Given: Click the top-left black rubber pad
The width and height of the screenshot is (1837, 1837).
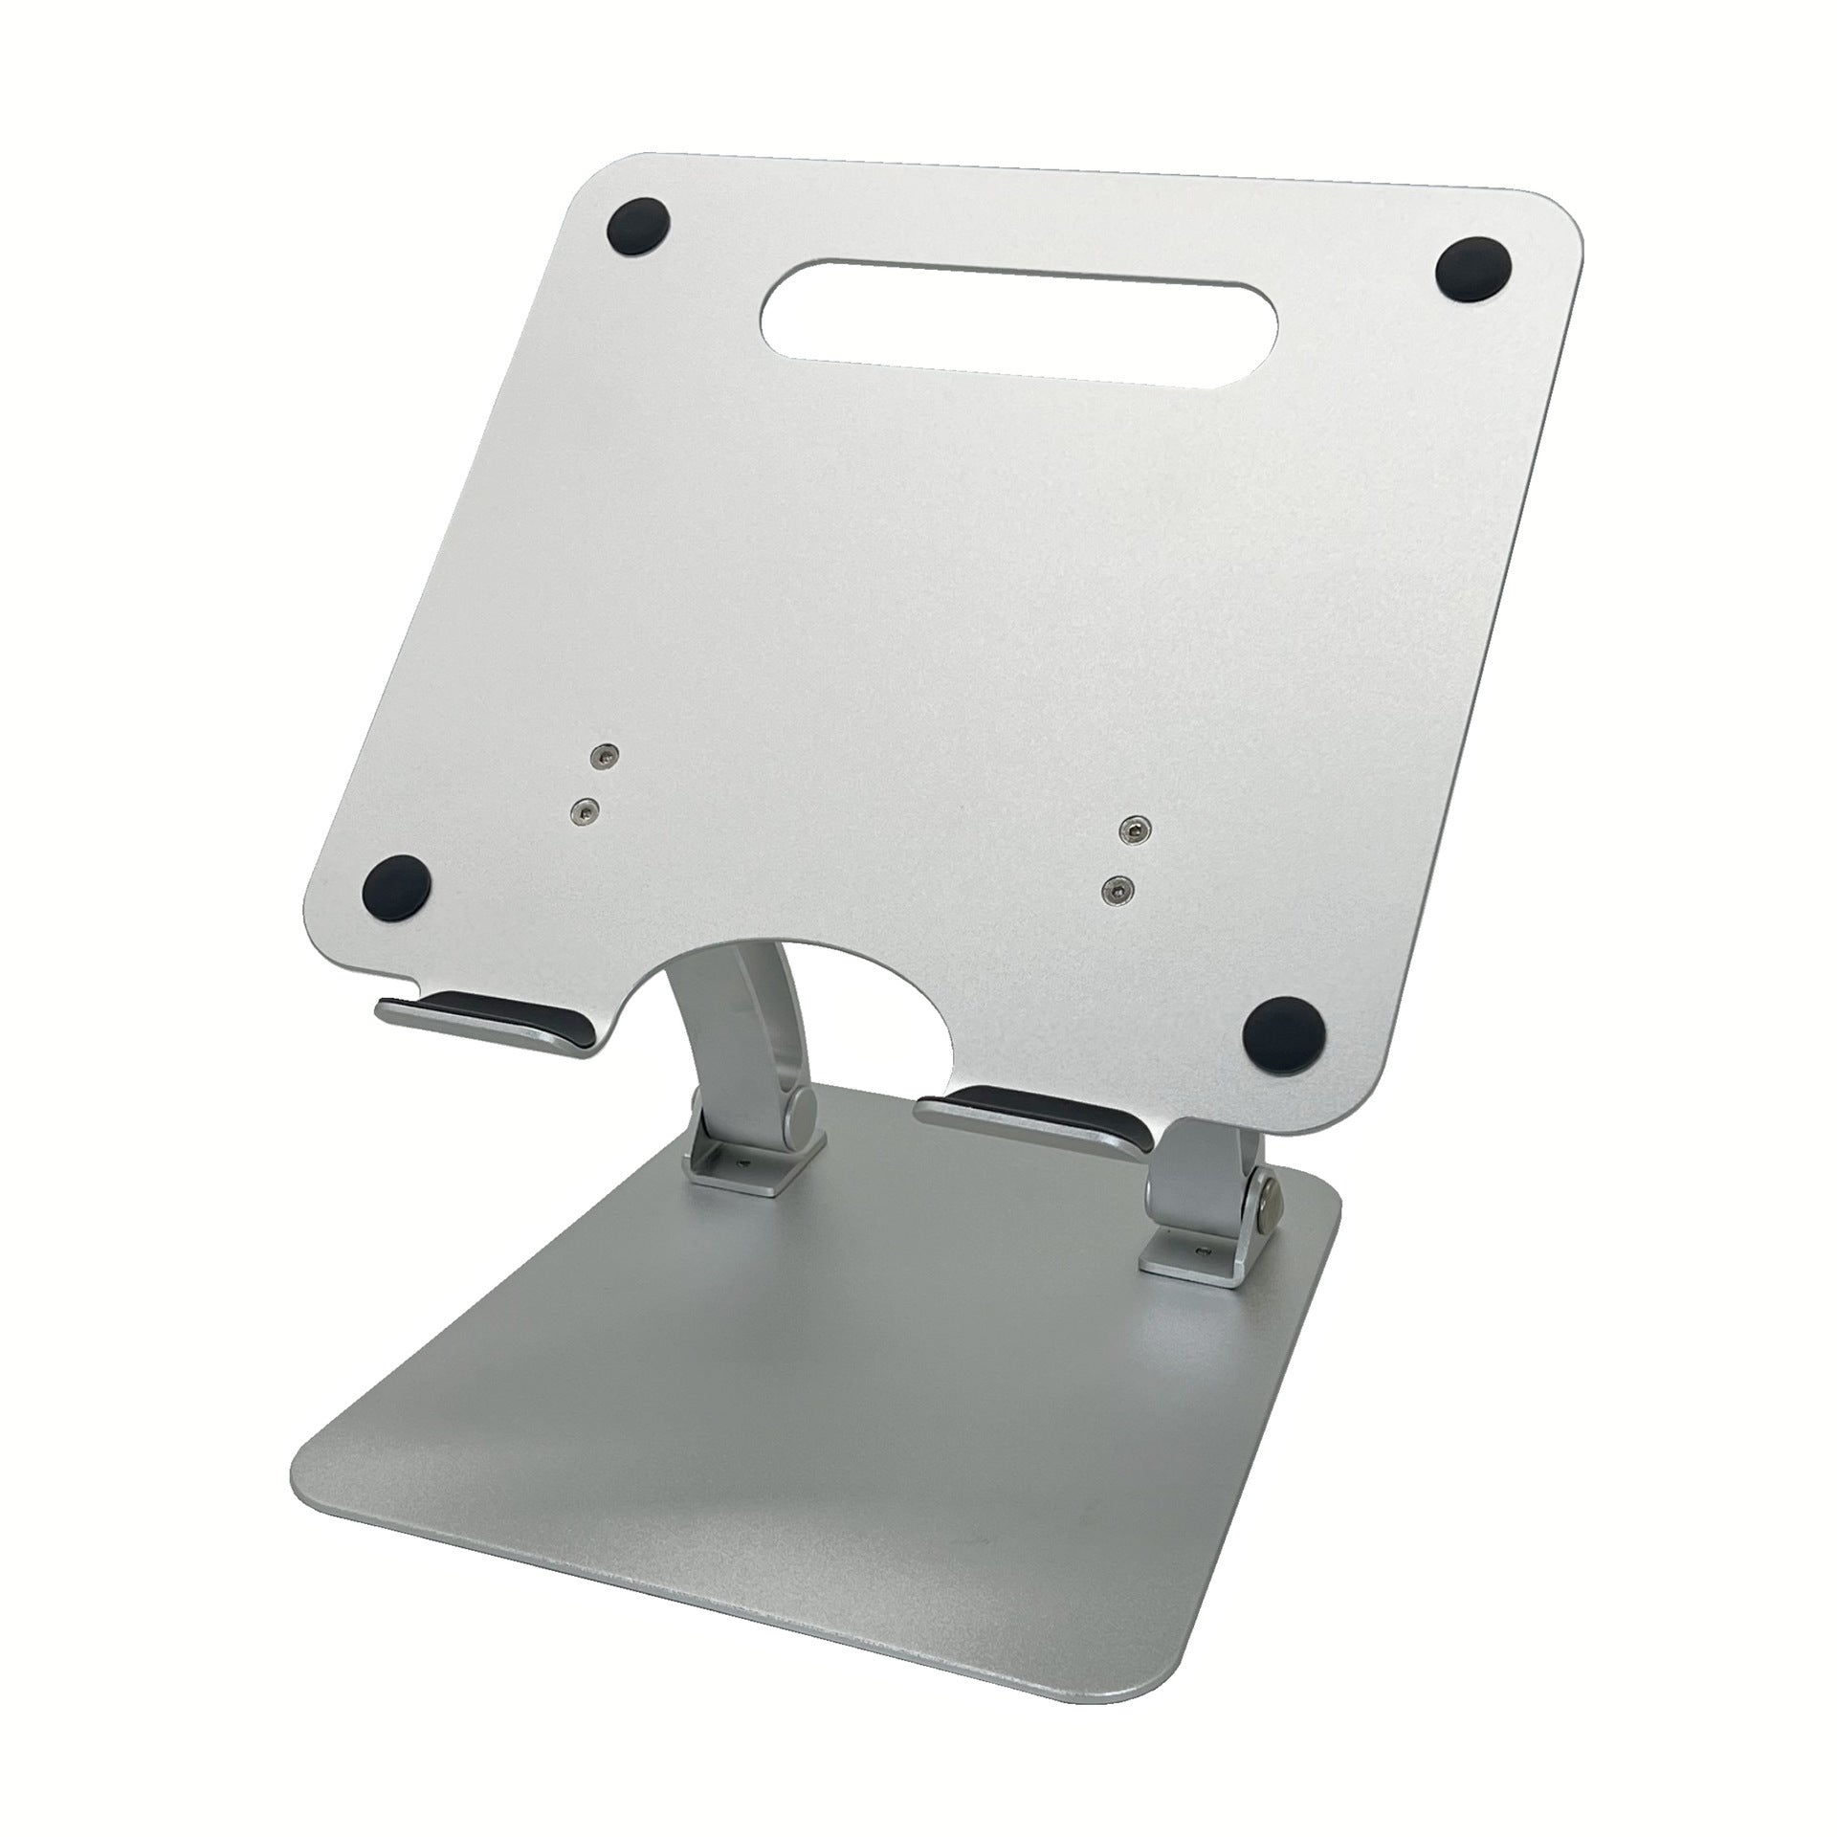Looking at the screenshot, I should coord(638,228).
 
